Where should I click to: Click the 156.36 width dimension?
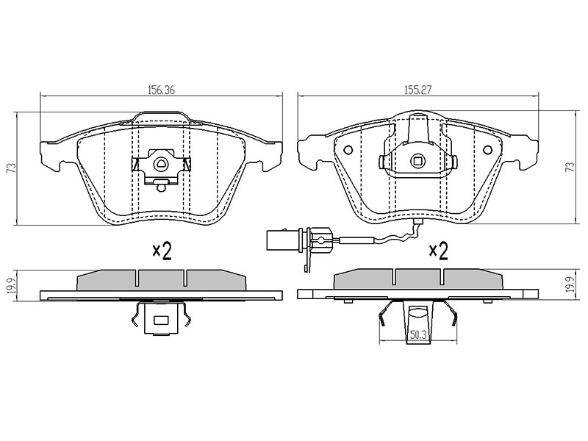(x=161, y=90)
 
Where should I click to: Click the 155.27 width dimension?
(x=417, y=90)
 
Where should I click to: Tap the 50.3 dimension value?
(x=418, y=335)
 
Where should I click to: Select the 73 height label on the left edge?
(x=12, y=168)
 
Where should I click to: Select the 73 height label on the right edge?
(x=570, y=167)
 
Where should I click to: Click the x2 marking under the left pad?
(x=162, y=251)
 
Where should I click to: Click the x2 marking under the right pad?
(x=439, y=251)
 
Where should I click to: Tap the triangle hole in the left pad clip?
(x=161, y=162)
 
